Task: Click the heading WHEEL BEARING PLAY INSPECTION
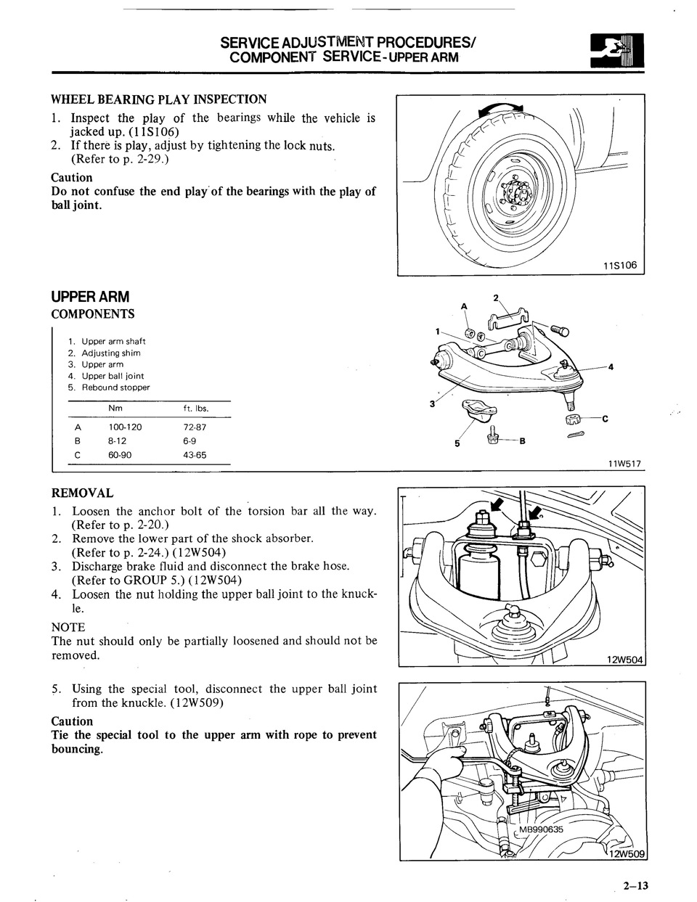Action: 158,99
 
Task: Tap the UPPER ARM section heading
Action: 90,297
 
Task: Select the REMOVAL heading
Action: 82,493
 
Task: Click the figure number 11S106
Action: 619,266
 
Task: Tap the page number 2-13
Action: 635,885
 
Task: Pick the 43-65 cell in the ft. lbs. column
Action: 195,455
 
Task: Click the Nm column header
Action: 115,409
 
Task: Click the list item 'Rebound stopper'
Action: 115,388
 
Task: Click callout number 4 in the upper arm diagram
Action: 611,366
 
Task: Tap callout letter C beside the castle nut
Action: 605,419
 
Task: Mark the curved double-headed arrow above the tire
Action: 501,110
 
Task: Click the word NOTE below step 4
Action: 68,627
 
